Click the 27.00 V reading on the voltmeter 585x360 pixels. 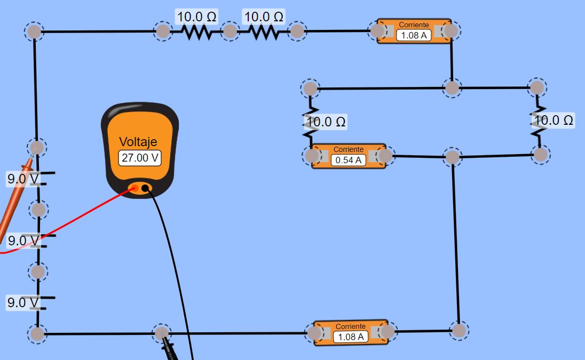(139, 158)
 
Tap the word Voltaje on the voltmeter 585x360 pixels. (138, 142)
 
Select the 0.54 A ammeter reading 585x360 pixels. (348, 160)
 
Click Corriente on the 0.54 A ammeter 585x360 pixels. (349, 149)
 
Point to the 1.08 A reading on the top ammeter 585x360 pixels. (414, 35)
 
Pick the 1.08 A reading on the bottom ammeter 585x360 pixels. (350, 337)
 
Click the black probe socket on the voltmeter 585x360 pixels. (145, 188)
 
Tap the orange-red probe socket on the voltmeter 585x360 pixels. (135, 189)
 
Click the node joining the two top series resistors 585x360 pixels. (230, 31)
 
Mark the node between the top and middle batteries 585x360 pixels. (38, 210)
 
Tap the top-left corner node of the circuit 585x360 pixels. (34, 31)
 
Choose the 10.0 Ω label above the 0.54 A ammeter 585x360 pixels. (326, 122)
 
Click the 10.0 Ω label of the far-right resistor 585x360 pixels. (554, 121)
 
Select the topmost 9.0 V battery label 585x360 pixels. (23, 179)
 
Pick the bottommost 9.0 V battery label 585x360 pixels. (23, 302)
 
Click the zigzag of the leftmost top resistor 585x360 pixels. (196, 33)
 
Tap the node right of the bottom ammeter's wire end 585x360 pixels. (459, 331)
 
